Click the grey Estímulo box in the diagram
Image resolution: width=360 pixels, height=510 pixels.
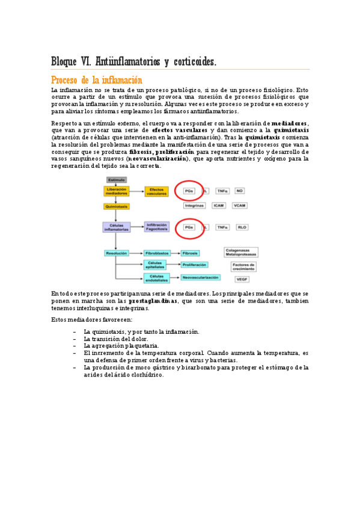(x=116, y=179)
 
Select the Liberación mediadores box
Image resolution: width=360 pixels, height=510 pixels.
(x=116, y=191)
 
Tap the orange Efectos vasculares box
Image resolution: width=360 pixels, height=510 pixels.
(x=156, y=191)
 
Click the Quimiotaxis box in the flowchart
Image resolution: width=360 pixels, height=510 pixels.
(x=116, y=206)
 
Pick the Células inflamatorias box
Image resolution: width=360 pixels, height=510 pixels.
(x=116, y=227)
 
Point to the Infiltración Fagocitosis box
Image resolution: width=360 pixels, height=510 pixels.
(x=157, y=227)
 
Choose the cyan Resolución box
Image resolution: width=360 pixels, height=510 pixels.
(x=116, y=253)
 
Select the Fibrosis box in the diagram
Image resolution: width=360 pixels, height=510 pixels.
(x=190, y=253)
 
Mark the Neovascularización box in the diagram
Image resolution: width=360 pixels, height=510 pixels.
(x=200, y=277)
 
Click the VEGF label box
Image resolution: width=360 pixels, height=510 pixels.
(x=242, y=280)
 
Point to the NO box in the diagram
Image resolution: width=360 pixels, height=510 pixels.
(x=240, y=191)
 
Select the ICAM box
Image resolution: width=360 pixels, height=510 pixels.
(x=219, y=205)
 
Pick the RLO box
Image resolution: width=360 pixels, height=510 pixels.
(x=242, y=227)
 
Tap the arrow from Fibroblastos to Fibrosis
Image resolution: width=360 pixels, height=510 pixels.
(x=175, y=253)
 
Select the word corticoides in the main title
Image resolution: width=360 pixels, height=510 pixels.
(x=193, y=61)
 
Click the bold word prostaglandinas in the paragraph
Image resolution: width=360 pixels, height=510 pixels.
(x=153, y=301)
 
